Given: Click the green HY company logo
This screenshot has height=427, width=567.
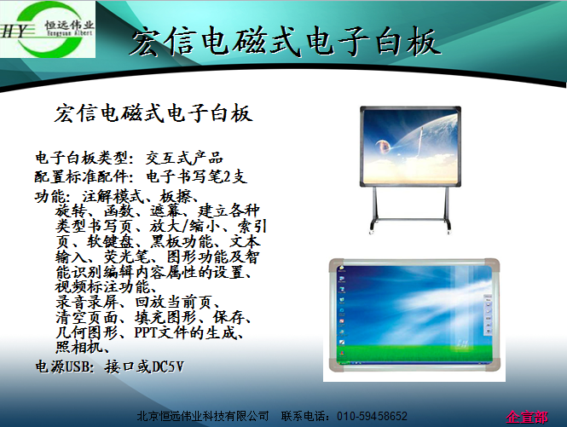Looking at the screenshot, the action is (48, 29).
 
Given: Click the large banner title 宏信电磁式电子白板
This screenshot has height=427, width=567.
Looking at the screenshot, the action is (286, 43).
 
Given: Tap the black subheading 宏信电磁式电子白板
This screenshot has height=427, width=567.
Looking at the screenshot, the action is (153, 113).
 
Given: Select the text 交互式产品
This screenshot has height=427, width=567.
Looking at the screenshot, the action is (184, 158).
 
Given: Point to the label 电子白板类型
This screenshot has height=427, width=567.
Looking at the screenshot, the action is (81, 158).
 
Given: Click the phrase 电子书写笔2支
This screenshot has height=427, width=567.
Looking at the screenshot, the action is (196, 176).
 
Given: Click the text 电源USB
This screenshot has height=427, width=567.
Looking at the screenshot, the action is (62, 366).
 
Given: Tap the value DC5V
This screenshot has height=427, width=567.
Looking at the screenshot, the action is (168, 366).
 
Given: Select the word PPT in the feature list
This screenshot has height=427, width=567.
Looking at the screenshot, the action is (145, 332).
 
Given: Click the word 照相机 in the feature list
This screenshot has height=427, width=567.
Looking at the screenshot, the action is (78, 348).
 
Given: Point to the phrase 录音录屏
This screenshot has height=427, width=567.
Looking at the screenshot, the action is (87, 302).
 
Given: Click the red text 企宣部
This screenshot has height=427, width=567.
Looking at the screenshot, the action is (527, 417).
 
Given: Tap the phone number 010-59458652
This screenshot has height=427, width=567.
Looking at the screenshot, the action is (372, 416).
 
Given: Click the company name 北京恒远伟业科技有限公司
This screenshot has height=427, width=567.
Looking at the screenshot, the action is (203, 416).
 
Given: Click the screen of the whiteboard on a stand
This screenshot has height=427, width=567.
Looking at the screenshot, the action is (410, 146).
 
